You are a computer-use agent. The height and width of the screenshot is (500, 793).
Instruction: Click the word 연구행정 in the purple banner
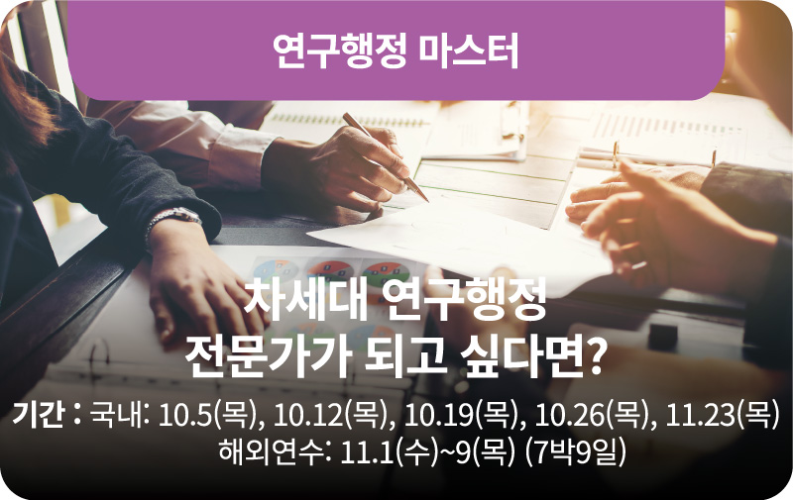pos(339,51)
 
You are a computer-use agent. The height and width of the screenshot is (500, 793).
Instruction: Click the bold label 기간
pos(39,415)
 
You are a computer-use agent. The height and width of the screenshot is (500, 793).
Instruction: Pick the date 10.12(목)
pos(331,416)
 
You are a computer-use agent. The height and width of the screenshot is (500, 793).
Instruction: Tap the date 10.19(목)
pos(461,416)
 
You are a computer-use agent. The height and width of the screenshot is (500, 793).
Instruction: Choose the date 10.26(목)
pos(592,416)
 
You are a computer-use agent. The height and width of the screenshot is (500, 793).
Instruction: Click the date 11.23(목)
pos(722,416)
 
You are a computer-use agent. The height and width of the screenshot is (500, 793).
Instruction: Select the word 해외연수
pos(270,452)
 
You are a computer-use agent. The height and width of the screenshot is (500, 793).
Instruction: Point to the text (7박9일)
pos(575,452)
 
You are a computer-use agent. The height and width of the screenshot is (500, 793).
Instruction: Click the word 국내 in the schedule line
pos(117,416)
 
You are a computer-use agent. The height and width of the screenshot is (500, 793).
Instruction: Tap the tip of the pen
pos(428,201)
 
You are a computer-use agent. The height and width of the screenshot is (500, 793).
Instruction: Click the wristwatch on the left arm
pos(175,219)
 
